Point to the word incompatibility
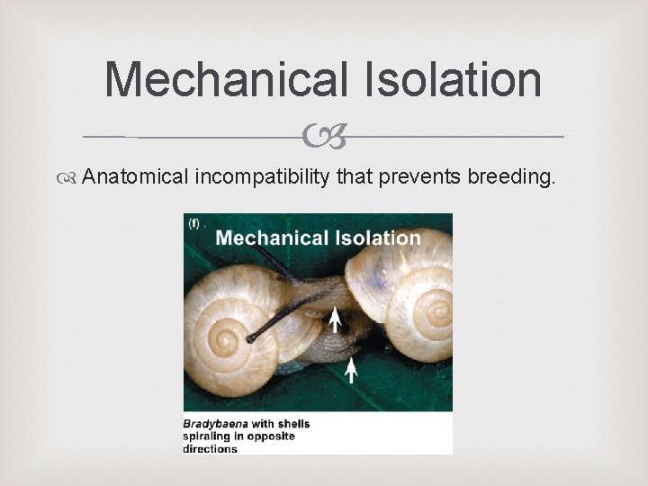pyautogui.click(x=262, y=176)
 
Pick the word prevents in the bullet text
pyautogui.click(x=419, y=176)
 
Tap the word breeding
pyautogui.click(x=511, y=176)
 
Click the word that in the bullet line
pyautogui.click(x=355, y=176)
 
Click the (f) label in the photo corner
pyautogui.click(x=194, y=224)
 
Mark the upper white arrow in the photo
pyautogui.click(x=335, y=319)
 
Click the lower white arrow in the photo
pyautogui.click(x=352, y=368)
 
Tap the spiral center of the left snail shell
pyautogui.click(x=222, y=340)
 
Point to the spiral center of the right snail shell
pyautogui.click(x=438, y=311)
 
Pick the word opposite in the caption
pyautogui.click(x=273, y=436)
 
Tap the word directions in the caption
pyautogui.click(x=211, y=448)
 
